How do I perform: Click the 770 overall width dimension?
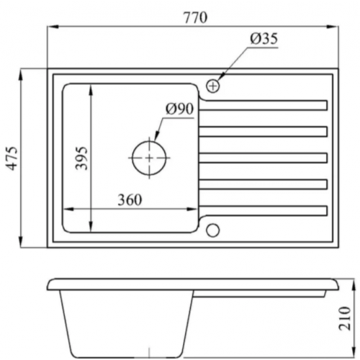click(x=195, y=18)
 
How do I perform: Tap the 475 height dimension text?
click(x=12, y=158)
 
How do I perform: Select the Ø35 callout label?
click(x=264, y=39)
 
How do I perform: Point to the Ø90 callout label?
click(x=179, y=109)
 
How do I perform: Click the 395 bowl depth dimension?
click(x=81, y=158)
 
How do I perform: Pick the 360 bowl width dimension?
click(x=130, y=199)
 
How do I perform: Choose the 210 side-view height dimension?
click(x=344, y=318)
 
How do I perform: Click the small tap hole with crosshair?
click(x=212, y=86)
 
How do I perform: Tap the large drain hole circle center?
click(x=149, y=158)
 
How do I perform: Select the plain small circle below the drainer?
click(x=212, y=230)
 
